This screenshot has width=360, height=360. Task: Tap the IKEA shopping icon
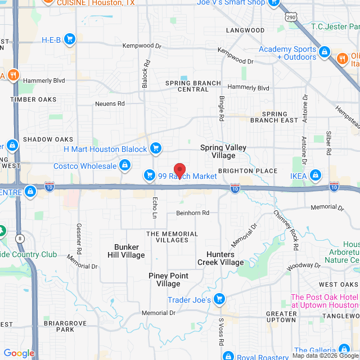coord(316,176)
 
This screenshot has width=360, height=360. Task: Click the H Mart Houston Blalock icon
coord(156,149)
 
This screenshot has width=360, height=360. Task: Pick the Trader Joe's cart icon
coord(220,300)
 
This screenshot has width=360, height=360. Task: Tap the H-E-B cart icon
coord(70,39)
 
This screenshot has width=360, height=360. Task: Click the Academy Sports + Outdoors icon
coord(325,53)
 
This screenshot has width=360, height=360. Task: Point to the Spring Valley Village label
coord(223,151)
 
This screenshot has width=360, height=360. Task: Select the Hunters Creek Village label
coord(220,258)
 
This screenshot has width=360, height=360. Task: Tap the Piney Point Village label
coord(168,280)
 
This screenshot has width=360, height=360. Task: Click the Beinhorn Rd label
coord(192,213)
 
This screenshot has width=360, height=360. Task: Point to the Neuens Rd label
coord(110,103)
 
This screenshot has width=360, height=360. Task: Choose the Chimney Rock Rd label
coord(287,224)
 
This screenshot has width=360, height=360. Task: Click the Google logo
coord(19,353)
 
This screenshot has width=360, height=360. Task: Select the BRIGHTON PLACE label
coord(248,171)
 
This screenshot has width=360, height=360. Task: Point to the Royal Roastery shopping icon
coord(228,356)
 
